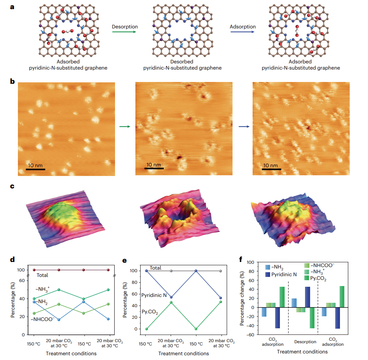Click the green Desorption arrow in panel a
click(124, 32)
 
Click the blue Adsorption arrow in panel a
click(243, 32)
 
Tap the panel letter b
click(12, 81)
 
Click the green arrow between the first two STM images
click(125, 127)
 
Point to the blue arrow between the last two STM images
click(244, 127)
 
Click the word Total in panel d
click(42, 275)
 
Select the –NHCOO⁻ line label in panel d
click(43, 320)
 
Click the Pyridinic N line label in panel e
click(154, 295)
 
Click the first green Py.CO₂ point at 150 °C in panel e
click(147, 329)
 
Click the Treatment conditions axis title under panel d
click(71, 353)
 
